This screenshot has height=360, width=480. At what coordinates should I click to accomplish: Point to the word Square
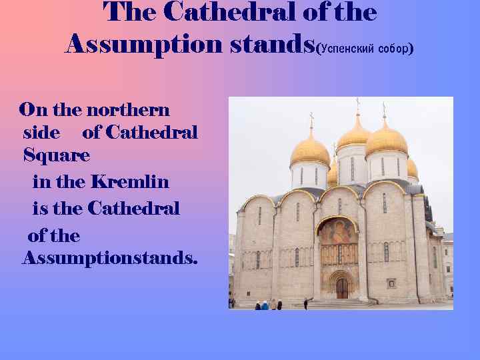[x=56, y=155]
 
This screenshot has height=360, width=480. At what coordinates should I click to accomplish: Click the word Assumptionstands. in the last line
[x=110, y=257]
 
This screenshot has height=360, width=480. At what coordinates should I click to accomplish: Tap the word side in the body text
[x=41, y=132]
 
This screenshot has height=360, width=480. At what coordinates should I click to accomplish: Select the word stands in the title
[x=267, y=44]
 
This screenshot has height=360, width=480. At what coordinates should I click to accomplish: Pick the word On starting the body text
[x=32, y=109]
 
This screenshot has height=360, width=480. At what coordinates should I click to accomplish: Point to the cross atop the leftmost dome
[x=311, y=121]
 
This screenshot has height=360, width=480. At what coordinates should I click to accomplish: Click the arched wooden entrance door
[x=342, y=288]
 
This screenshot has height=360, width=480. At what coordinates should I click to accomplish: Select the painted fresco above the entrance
[x=338, y=233]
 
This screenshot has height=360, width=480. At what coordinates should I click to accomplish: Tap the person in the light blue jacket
[x=265, y=305]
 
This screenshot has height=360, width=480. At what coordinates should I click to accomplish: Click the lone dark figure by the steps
[x=305, y=303]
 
